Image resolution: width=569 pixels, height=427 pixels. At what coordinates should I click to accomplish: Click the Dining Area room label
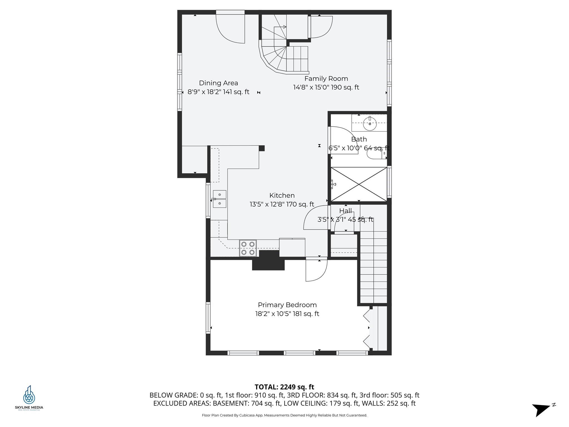tap(218, 83)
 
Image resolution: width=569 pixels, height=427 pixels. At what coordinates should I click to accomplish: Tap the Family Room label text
tap(326, 78)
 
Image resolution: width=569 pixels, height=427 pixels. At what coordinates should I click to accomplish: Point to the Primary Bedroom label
tap(287, 305)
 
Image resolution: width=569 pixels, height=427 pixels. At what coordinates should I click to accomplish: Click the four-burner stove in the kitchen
tap(248, 248)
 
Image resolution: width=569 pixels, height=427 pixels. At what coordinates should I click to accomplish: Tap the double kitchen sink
tap(219, 199)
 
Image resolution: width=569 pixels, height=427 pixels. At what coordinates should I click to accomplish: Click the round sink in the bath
tap(370, 124)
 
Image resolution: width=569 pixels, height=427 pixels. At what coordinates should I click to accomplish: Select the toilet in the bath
tap(375, 153)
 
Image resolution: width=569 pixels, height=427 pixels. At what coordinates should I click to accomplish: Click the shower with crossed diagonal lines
tap(359, 184)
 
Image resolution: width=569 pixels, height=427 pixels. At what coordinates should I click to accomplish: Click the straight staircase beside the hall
tap(373, 267)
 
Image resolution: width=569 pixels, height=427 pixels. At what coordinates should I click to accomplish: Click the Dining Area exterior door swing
tap(231, 28)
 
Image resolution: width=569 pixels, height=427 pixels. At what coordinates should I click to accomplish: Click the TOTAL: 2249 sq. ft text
tap(284, 387)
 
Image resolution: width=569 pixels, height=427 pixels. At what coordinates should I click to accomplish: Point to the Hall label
tap(345, 211)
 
